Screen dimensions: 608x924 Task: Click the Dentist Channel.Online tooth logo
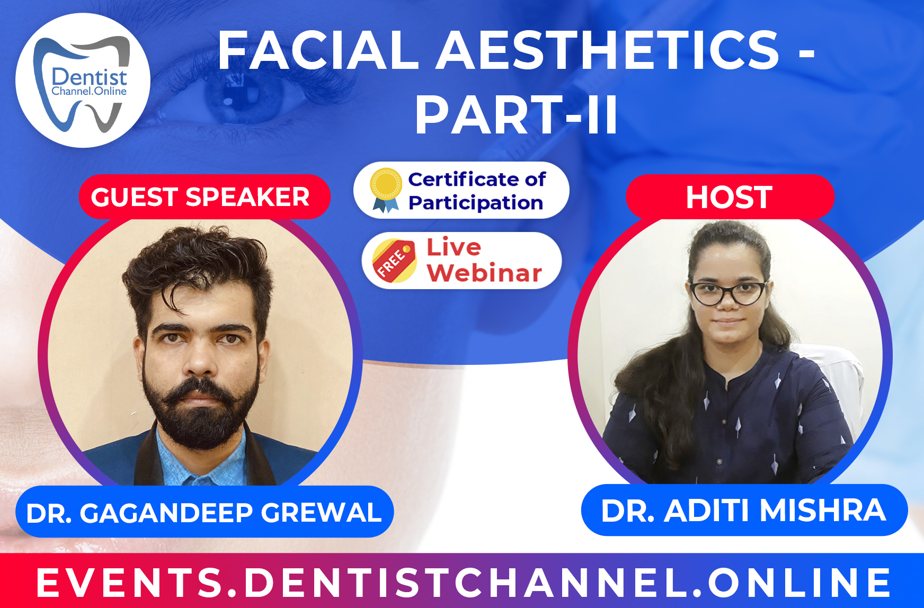[83, 81]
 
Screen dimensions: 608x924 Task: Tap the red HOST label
[730, 197]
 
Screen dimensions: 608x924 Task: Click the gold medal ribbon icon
[386, 190]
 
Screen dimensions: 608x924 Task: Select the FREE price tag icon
[394, 260]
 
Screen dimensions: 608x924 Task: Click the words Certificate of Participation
[476, 191]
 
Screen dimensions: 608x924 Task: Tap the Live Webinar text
[483, 260]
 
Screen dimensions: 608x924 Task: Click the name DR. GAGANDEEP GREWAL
[204, 513]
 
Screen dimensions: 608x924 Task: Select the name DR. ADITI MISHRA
[743, 511]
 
